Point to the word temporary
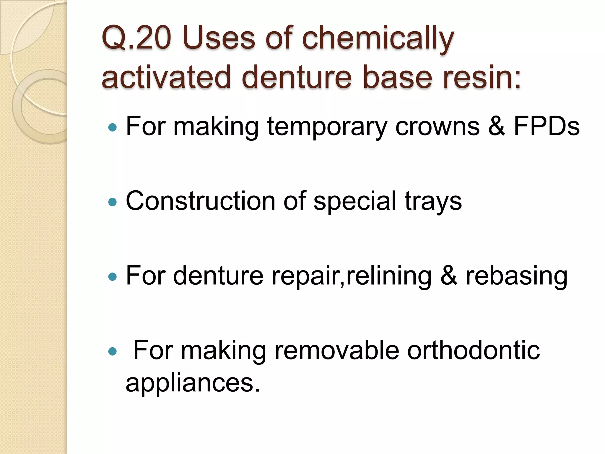(327, 127)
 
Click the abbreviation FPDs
(547, 127)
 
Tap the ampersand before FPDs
(496, 127)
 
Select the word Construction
(201, 201)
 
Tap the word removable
(336, 350)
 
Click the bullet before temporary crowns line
(113, 128)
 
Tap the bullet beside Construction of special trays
(113, 202)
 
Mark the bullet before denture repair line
(113, 277)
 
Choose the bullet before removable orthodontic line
(113, 351)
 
